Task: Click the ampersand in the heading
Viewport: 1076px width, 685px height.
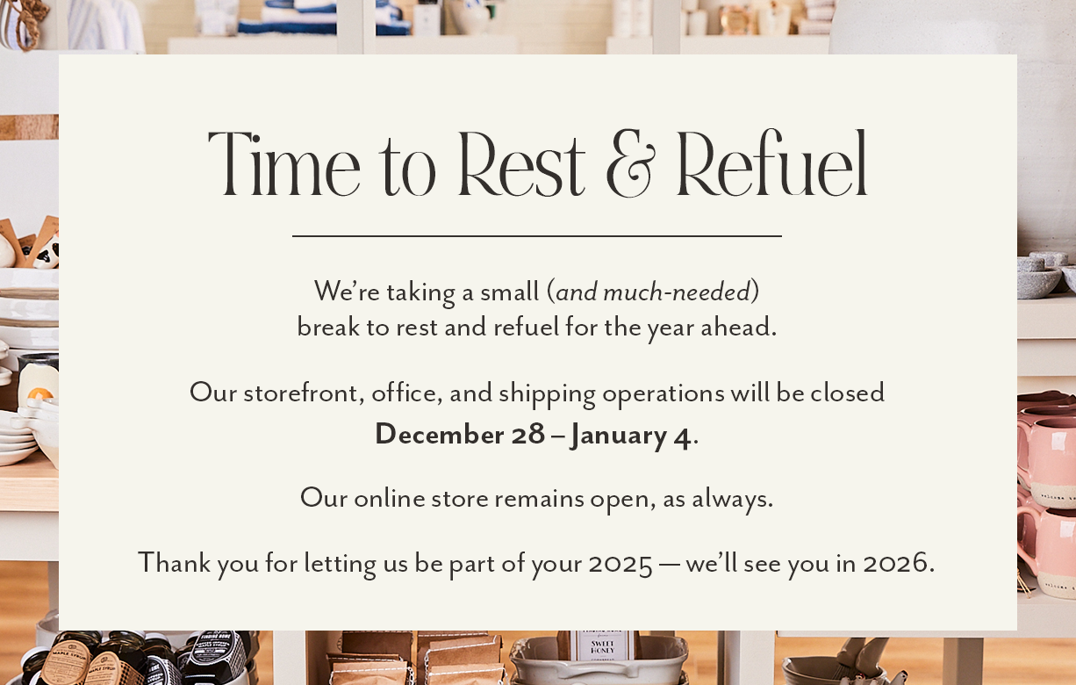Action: pos(631,163)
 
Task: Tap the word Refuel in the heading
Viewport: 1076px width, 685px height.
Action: pos(772,163)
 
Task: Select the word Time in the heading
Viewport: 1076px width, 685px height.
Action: pos(283,164)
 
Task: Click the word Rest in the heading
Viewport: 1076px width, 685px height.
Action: pos(522,164)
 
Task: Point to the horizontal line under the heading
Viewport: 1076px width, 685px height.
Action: pos(537,236)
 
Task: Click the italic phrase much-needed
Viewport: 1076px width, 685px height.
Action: pos(677,292)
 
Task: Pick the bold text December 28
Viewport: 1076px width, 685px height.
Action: pos(460,434)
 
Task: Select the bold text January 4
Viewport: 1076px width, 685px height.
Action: pos(631,436)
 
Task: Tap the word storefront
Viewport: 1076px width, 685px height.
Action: pos(300,393)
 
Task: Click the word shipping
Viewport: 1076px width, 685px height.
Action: pos(547,394)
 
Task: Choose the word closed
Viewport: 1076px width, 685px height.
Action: pos(847,393)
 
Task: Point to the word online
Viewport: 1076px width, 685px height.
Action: pos(390,498)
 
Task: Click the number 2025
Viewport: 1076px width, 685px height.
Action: pos(620,564)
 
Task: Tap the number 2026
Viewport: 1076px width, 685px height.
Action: pos(895,563)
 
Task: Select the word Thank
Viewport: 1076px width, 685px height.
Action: pos(175,562)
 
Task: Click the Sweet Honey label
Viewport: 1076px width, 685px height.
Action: pos(602,646)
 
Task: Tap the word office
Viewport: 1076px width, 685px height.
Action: pos(404,393)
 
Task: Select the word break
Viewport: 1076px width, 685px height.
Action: pos(328,328)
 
